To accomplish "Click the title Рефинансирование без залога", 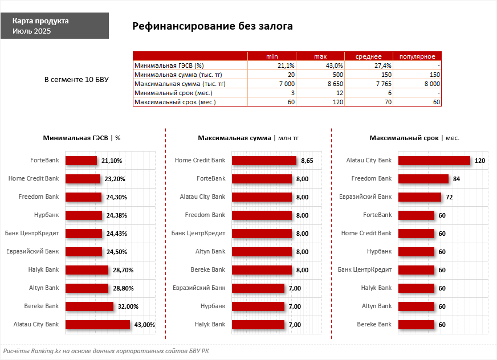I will pyautogui.click(x=213, y=26).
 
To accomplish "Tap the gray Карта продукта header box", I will pyautogui.click(x=54, y=26).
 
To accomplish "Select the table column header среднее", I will pyautogui.click(x=368, y=56).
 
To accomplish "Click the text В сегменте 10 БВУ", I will pyautogui.click(x=76, y=79).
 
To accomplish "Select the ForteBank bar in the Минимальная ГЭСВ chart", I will pyautogui.click(x=81, y=161).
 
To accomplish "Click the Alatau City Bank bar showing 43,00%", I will pyautogui.click(x=97, y=325).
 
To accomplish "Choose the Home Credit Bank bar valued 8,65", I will pyautogui.click(x=264, y=161).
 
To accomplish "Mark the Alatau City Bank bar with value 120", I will pyautogui.click(x=434, y=161).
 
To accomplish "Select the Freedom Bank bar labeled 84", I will pyautogui.click(x=423, y=179).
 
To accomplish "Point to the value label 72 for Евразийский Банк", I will pyautogui.click(x=449, y=197).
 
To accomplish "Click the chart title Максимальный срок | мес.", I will pyautogui.click(x=414, y=138).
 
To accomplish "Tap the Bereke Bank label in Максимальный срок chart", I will pyautogui.click(x=374, y=324).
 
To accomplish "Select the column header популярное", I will pyautogui.click(x=417, y=56).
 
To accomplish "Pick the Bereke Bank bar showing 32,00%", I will pyautogui.click(x=89, y=306).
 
